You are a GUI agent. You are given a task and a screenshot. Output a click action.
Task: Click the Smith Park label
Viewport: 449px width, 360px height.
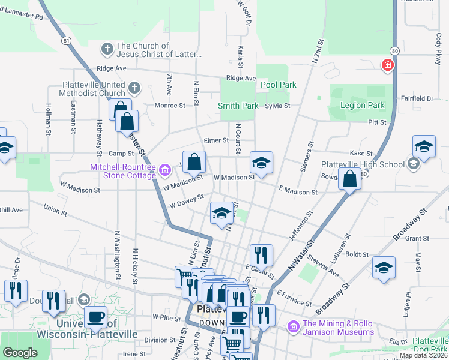(x=238, y=106)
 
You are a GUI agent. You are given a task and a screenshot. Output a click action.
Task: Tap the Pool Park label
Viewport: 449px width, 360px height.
(x=279, y=85)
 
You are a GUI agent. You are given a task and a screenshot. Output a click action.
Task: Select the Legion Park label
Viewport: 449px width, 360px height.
(x=362, y=106)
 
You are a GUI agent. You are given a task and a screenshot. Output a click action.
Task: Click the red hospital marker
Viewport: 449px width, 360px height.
(x=388, y=65)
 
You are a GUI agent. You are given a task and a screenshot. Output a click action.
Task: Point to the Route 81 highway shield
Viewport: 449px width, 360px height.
(x=66, y=40)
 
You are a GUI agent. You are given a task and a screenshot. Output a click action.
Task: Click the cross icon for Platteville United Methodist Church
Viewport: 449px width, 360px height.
(x=133, y=88)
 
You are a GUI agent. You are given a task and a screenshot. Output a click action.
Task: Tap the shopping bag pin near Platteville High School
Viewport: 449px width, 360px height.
(x=349, y=179)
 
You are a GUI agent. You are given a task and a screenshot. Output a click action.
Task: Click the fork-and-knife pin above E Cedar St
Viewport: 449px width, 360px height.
(x=261, y=254)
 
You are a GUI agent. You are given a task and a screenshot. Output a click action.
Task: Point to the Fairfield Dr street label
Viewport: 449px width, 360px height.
(x=417, y=98)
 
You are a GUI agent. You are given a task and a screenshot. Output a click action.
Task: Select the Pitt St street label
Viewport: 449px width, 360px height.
(x=377, y=122)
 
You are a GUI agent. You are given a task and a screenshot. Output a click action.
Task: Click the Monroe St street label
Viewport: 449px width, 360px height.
(x=170, y=106)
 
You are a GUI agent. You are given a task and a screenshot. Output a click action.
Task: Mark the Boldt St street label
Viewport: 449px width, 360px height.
(x=357, y=254)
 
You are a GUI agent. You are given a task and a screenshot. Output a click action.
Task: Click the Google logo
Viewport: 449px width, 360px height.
(x=20, y=353)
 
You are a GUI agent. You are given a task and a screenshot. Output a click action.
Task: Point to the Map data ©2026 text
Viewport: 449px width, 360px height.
(x=423, y=355)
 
